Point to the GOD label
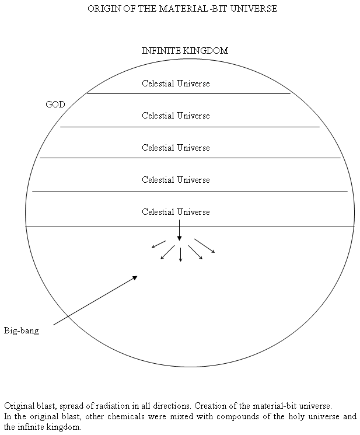[55, 105]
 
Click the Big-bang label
[22, 330]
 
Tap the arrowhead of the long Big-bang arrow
[135, 277]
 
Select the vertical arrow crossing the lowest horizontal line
[179, 230]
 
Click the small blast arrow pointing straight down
[181, 255]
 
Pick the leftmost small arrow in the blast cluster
[159, 244]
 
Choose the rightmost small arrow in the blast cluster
[205, 246]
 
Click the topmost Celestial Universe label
[176, 83]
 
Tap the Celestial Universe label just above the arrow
[176, 212]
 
